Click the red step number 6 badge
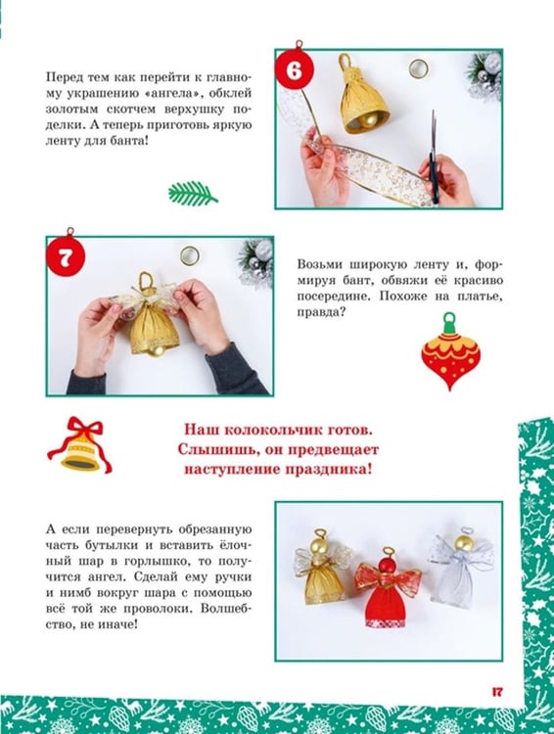pyautogui.click(x=294, y=70)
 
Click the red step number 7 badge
pyautogui.click(x=66, y=257)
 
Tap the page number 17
pyautogui.click(x=497, y=691)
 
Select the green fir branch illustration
pyautogui.click(x=193, y=193)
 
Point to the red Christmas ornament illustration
pyautogui.click(x=450, y=351)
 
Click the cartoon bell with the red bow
pyautogui.click(x=80, y=444)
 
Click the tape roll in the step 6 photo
pyautogui.click(x=418, y=69)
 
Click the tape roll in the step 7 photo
pyautogui.click(x=190, y=255)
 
